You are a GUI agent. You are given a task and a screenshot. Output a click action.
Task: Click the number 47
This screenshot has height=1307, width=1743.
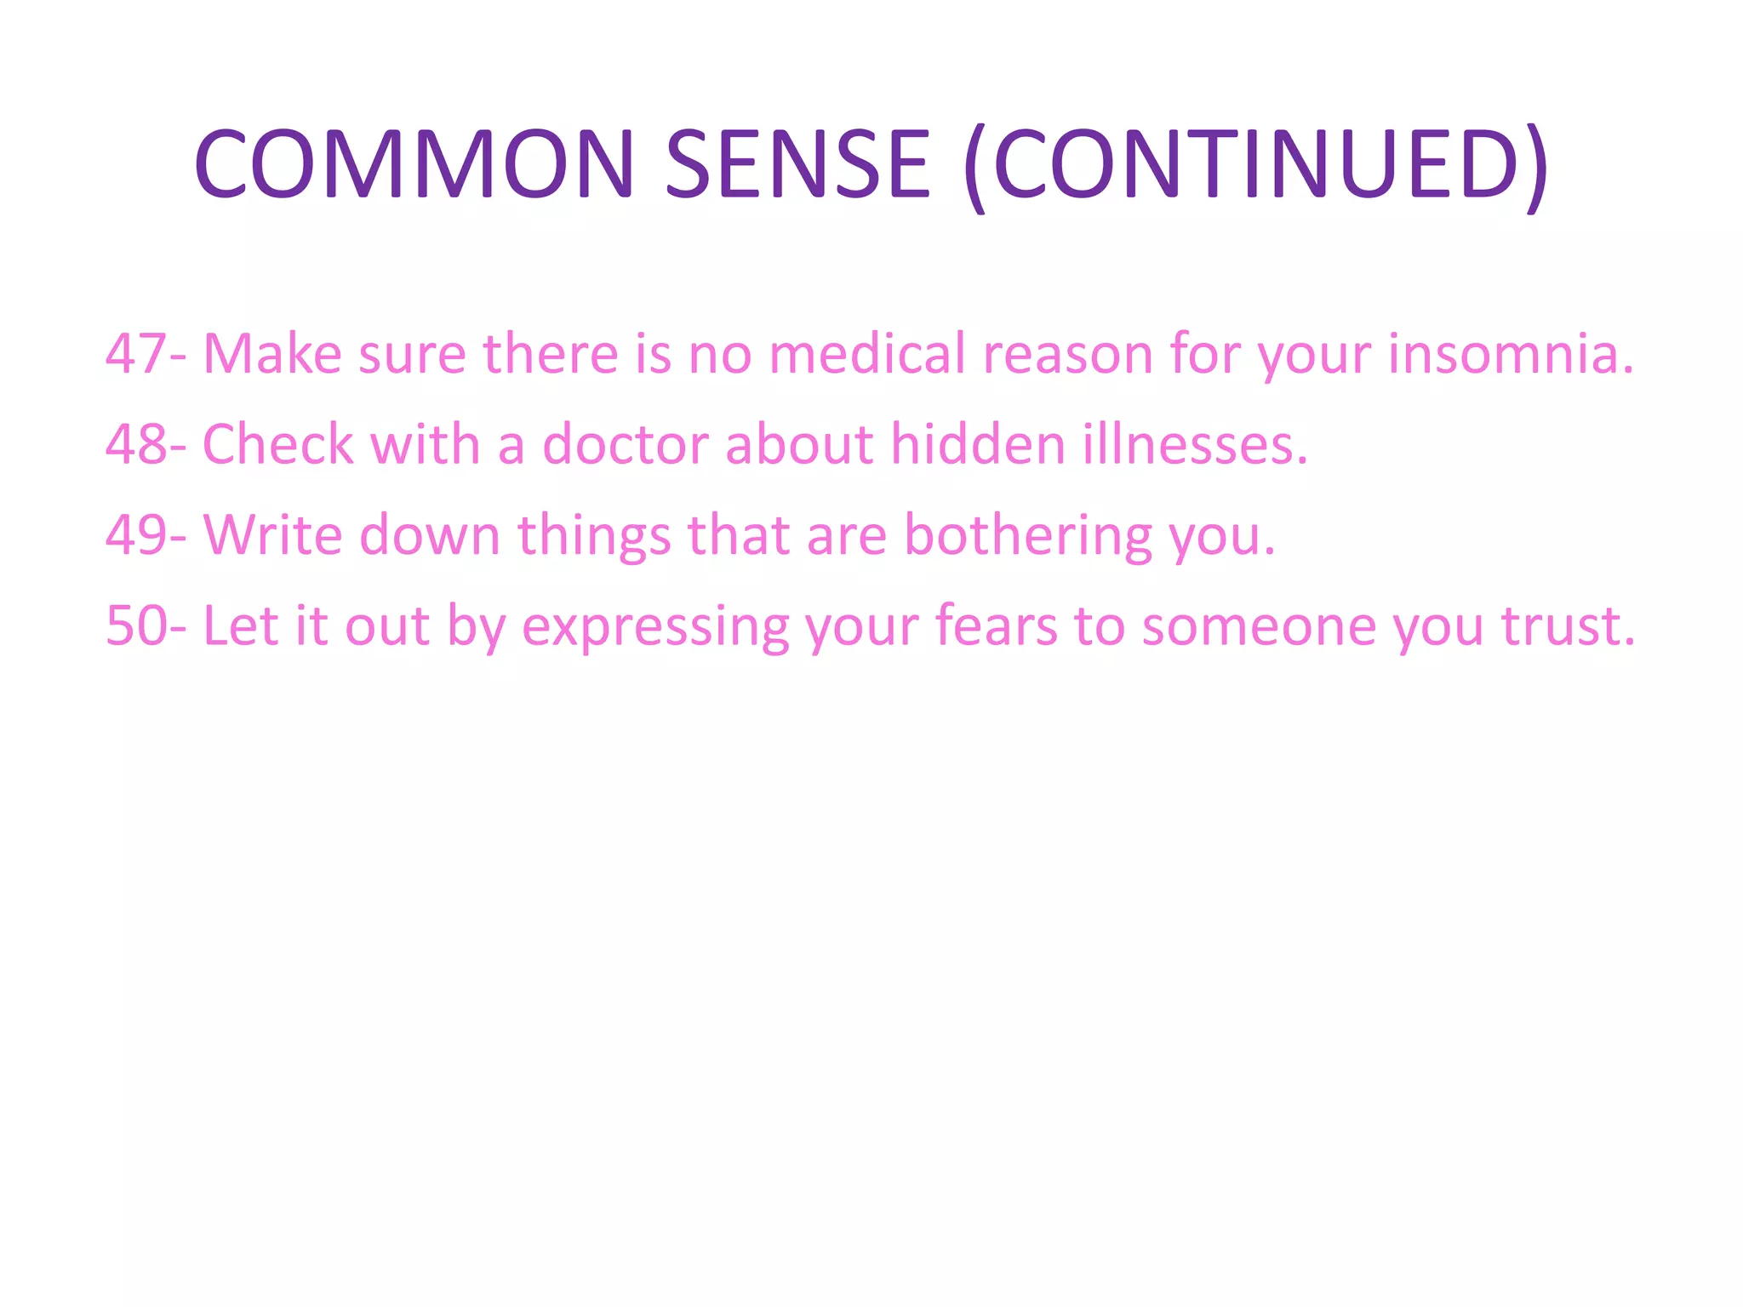[x=136, y=354]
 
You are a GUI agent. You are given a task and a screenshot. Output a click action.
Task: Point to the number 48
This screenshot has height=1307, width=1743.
[x=136, y=445]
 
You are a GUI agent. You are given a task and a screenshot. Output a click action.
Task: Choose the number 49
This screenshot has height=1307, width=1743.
[x=136, y=536]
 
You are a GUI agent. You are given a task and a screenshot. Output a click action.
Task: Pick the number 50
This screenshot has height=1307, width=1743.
[x=136, y=627]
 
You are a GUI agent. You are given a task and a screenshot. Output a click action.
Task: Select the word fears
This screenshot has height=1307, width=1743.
[x=997, y=627]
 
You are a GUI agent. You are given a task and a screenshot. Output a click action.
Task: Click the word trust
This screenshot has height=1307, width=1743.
[x=1568, y=627]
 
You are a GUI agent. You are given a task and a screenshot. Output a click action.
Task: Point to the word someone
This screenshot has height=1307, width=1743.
[x=1259, y=627]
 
